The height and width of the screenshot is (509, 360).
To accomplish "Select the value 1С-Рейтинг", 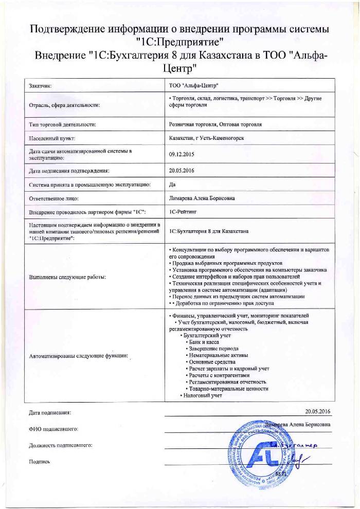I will (183, 211).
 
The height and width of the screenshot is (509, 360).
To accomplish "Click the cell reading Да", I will (172, 184).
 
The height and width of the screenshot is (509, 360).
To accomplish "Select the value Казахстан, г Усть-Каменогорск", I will (206, 138).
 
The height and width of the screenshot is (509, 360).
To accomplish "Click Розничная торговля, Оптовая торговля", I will (215, 124).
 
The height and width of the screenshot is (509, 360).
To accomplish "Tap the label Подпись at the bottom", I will (40, 461).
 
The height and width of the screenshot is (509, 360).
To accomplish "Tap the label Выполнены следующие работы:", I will (67, 277).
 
